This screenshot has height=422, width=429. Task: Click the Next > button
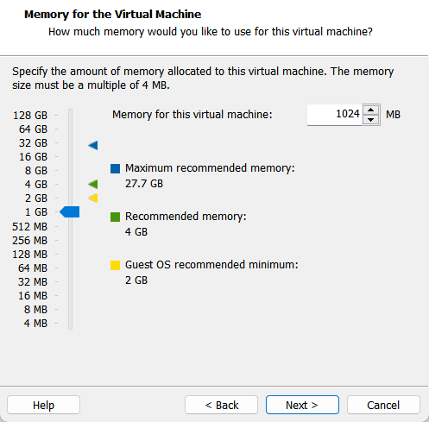point(302,405)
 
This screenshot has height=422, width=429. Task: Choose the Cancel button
point(383,405)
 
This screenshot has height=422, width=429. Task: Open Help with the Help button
point(43,405)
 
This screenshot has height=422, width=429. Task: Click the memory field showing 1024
point(334,115)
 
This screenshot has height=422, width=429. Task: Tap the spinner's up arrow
point(371,110)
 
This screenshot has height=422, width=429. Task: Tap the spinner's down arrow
point(371,119)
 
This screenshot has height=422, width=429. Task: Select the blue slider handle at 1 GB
point(70,212)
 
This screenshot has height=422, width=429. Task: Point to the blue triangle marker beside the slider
point(93,145)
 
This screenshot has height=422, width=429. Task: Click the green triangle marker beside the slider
point(93,184)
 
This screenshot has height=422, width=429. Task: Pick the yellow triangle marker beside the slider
point(93,198)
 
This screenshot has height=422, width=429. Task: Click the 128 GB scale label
point(30,116)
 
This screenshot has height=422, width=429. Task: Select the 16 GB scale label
point(33,157)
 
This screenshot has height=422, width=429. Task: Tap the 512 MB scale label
point(29,227)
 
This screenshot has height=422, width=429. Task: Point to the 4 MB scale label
point(35,324)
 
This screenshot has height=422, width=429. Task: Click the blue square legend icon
point(115,168)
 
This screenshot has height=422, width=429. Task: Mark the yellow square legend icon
point(115,265)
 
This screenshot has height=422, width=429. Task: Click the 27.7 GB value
point(144,184)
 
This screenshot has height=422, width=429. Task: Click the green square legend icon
point(115,217)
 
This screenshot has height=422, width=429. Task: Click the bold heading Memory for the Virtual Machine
point(113,15)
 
